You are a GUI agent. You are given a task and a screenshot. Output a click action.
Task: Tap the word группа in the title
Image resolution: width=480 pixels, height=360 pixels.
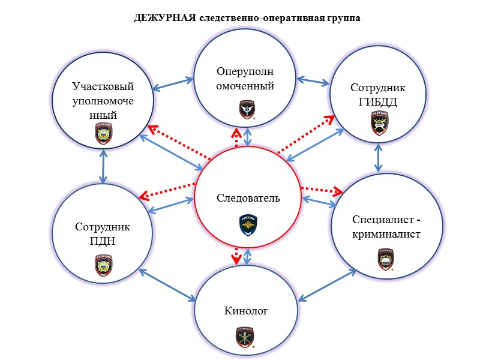(x=339, y=18)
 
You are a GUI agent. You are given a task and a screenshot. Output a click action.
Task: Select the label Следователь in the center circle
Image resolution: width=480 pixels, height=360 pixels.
(x=248, y=198)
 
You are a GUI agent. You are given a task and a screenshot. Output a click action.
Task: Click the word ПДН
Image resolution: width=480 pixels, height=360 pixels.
(x=103, y=241)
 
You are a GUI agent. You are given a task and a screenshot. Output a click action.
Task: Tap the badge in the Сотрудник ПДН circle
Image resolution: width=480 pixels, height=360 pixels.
(x=103, y=265)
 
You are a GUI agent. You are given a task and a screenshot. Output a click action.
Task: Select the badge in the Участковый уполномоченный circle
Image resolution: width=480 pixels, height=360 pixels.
(x=103, y=134)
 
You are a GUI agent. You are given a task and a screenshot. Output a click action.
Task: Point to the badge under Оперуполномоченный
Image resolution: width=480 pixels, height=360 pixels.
(x=247, y=110)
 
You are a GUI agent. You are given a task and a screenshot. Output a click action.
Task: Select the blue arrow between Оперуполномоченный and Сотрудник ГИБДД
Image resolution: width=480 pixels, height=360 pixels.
(x=315, y=80)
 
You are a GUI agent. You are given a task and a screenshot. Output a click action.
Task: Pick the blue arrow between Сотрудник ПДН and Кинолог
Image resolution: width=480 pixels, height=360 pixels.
(x=168, y=281)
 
